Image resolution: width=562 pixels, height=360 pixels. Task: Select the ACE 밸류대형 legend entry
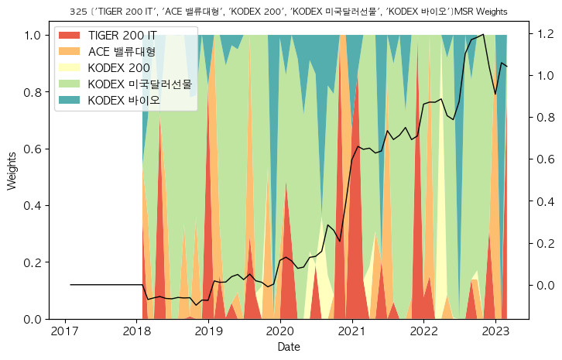[x=122, y=52]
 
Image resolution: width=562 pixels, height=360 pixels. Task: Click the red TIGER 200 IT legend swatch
[x=70, y=36]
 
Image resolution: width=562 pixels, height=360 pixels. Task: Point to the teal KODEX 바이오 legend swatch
[x=70, y=100]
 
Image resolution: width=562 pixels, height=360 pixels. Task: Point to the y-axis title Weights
[x=12, y=177]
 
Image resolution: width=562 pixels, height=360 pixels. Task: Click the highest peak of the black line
[x=484, y=34]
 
